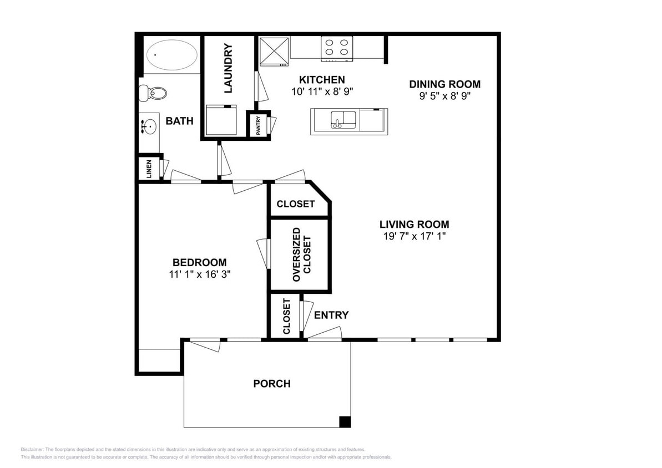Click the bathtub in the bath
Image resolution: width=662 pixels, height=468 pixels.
[171, 55]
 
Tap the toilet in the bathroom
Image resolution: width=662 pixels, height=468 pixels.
[153, 93]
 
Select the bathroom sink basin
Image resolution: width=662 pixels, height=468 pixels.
[148, 128]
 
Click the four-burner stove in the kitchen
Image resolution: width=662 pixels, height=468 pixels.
[337, 48]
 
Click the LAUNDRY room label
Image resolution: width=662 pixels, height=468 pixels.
[228, 68]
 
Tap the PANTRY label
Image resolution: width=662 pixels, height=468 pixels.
[258, 125]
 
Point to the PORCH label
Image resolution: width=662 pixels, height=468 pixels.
[272, 384]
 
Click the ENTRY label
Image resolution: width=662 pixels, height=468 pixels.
[331, 316]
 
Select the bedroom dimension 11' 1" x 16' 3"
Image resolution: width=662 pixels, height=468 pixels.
[199, 274]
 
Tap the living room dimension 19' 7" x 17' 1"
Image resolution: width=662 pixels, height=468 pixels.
[414, 236]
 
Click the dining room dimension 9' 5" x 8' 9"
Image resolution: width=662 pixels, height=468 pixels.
[444, 95]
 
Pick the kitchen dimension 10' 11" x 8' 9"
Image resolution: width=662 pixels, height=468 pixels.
[322, 91]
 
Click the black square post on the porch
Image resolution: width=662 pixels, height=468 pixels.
[345, 422]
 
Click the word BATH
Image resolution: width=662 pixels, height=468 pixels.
[179, 121]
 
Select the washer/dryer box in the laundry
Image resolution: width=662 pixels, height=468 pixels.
[221, 120]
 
